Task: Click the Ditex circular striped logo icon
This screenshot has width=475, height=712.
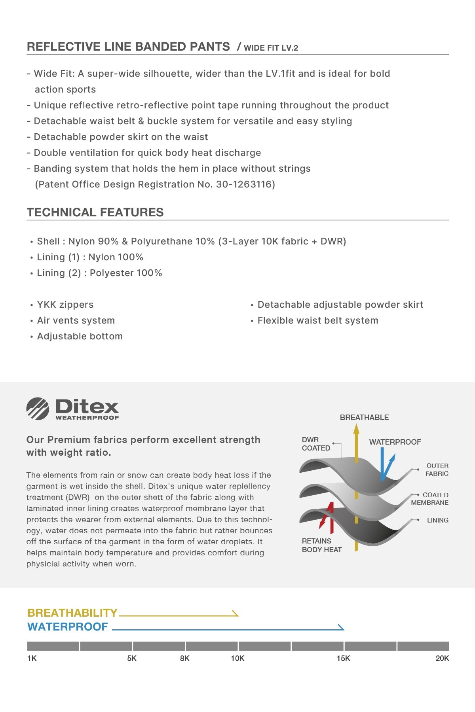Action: (x=38, y=409)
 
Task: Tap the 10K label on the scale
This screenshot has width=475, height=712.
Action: (x=237, y=658)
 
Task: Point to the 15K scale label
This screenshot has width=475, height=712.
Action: (x=343, y=658)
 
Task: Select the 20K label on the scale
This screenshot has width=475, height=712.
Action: (x=442, y=658)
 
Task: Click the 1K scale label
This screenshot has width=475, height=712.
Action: (x=32, y=658)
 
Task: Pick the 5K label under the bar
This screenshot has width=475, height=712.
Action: (x=132, y=658)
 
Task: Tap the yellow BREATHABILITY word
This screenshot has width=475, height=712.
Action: (x=72, y=613)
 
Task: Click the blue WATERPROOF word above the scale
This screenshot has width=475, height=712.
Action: (x=68, y=627)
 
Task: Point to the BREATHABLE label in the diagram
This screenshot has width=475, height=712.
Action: (x=364, y=417)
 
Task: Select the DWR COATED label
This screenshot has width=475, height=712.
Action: (x=315, y=444)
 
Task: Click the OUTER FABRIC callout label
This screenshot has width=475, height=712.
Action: (x=437, y=470)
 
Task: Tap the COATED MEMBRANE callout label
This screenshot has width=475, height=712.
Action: (x=430, y=499)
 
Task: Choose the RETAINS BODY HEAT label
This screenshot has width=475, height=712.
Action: (x=321, y=545)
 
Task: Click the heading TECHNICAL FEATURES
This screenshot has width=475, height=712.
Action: (x=95, y=212)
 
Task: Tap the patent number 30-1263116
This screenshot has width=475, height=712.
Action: (x=243, y=184)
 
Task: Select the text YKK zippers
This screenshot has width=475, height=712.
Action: (x=65, y=305)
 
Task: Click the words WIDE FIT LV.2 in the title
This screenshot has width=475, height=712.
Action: (x=271, y=48)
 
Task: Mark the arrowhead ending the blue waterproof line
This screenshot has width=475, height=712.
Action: (x=341, y=627)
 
